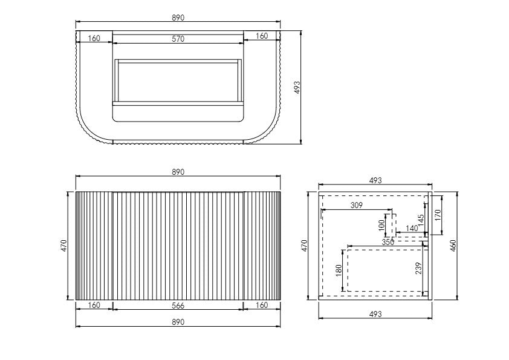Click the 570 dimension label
click(178, 39)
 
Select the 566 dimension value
click(178, 306)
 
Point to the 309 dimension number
click(357, 206)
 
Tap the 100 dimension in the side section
click(381, 224)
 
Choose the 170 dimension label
click(438, 215)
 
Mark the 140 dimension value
click(412, 228)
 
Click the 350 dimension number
click(388, 242)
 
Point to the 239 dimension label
click(419, 269)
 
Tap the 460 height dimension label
click(453, 245)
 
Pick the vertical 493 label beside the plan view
click(297, 87)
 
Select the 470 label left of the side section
click(305, 245)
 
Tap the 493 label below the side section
click(375, 314)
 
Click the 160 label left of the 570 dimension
click(94, 39)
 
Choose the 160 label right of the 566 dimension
click(261, 306)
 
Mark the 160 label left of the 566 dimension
click(94, 306)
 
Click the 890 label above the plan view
click(178, 18)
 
